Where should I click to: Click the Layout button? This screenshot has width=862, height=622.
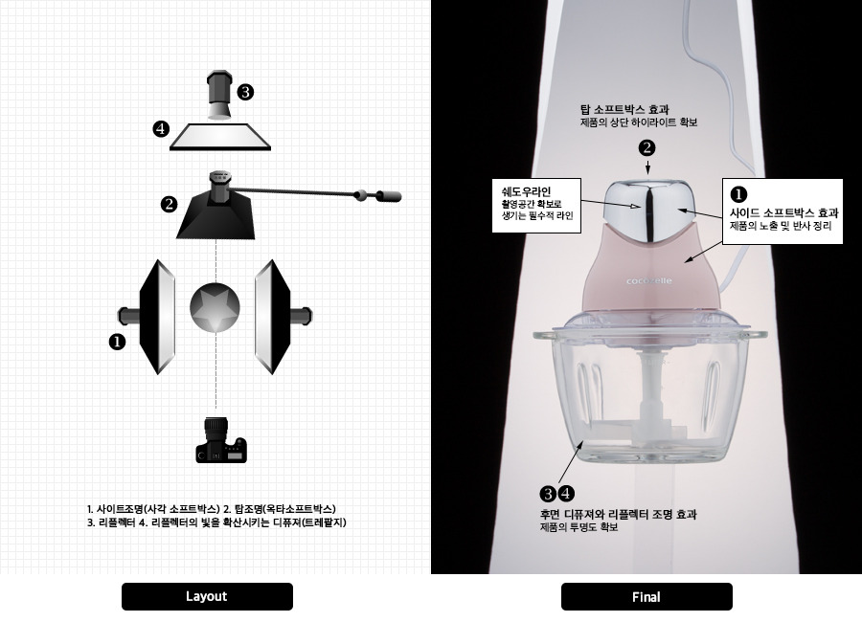207,597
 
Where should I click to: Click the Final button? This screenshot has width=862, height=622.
646,597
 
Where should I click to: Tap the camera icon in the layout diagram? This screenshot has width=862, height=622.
221,440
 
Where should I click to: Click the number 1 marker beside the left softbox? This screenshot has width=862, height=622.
117,342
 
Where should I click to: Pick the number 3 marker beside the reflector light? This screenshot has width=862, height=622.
245,92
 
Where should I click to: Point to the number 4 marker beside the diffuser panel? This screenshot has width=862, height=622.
161,129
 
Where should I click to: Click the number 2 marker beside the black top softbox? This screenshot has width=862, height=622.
169,205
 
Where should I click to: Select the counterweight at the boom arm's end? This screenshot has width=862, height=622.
389,195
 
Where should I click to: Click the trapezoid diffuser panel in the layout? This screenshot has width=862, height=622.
220,137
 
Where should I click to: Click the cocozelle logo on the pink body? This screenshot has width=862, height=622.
648,281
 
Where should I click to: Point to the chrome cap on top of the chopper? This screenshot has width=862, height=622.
647,210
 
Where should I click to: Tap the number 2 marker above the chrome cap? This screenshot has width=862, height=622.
647,147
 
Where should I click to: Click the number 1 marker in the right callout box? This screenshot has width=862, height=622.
738,194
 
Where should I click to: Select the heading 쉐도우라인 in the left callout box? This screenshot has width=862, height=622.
526,191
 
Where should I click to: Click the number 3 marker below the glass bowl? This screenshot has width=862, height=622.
548,494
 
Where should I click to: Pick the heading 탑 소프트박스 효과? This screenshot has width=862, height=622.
624,109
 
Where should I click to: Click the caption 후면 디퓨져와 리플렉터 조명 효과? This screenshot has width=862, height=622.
619,514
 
